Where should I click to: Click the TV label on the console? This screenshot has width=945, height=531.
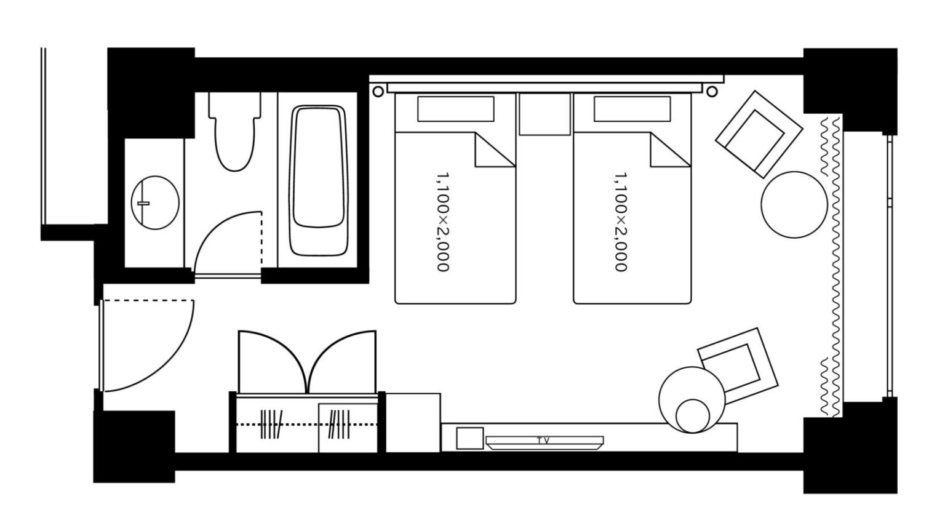[x=543, y=441]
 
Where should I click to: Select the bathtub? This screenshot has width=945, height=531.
[x=319, y=180]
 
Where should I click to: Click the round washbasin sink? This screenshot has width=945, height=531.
[x=155, y=203]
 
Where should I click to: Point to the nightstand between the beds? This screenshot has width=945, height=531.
[x=544, y=114]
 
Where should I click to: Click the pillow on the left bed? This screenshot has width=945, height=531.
[x=456, y=109]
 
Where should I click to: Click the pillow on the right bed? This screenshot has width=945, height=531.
[x=632, y=109]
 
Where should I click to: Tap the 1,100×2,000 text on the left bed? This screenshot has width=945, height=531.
[x=442, y=222]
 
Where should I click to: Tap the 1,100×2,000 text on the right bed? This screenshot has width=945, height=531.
[x=620, y=222]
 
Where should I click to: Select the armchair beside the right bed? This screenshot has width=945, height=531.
[x=759, y=134]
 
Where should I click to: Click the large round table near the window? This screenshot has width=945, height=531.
[x=794, y=204]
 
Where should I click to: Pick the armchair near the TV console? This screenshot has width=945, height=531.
[x=738, y=365]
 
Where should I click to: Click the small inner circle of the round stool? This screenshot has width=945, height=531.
[x=693, y=415]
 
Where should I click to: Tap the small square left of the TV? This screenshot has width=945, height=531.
[x=470, y=438]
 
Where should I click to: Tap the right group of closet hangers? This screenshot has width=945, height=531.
[x=339, y=423]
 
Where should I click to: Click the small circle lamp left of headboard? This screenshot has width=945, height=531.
[x=378, y=91]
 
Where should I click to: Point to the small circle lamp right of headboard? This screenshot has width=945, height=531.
[x=712, y=91]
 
